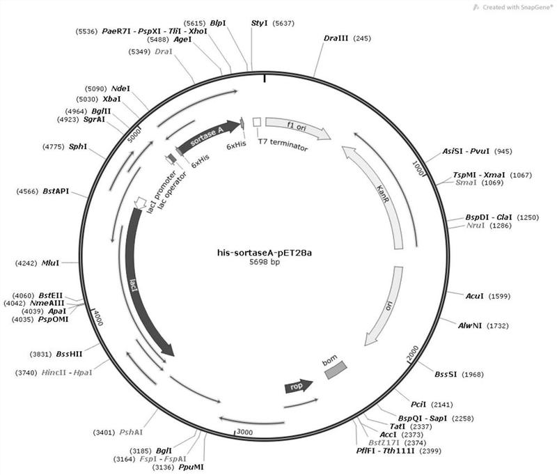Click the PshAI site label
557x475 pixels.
click(118, 433)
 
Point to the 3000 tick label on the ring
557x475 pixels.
click(243, 433)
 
